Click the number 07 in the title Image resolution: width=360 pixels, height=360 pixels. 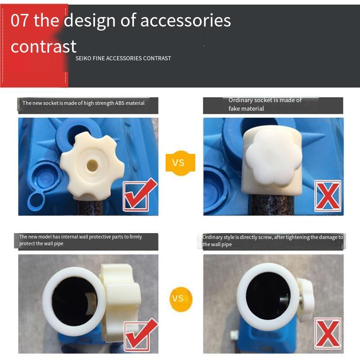20,20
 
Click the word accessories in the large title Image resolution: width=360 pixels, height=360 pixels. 185,20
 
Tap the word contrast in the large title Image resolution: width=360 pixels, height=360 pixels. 43,47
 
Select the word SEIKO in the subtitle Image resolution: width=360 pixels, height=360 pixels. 83,58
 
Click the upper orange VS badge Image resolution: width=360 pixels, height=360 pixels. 180,163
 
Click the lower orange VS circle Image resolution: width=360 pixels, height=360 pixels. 181,299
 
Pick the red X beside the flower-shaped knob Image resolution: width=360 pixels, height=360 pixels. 328,196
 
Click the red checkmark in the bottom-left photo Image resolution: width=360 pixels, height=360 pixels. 141,335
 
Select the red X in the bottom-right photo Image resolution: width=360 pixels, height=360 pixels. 328,333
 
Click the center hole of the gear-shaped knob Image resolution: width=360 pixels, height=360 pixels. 92,165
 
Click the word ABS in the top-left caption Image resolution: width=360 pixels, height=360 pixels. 120,103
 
